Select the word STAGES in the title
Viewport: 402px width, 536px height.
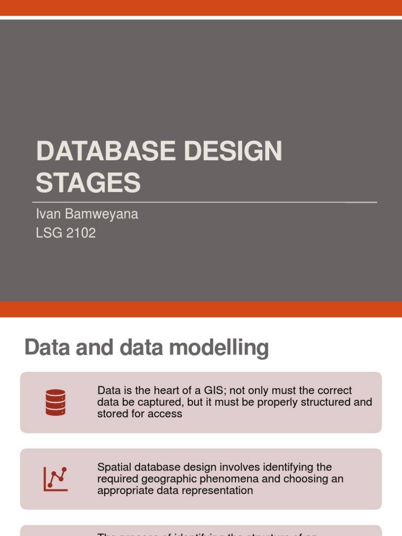88,183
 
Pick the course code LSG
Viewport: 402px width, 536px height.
48,233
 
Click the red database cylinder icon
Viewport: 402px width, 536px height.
55,402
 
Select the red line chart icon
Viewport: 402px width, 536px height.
55,478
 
